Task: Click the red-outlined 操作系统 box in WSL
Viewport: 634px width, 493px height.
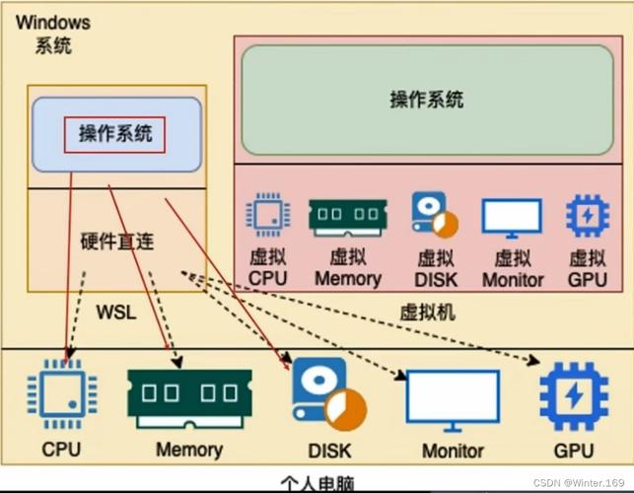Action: pyautogui.click(x=114, y=134)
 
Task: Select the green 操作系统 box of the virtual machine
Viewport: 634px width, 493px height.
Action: pyautogui.click(x=426, y=100)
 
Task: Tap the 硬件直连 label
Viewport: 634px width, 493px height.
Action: pyautogui.click(x=116, y=242)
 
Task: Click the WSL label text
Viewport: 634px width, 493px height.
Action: pyautogui.click(x=115, y=312)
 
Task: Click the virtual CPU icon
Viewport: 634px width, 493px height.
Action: pyautogui.click(x=266, y=215)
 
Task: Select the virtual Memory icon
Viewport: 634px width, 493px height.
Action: pyautogui.click(x=347, y=215)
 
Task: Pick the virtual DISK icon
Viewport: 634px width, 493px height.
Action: pyautogui.click(x=435, y=215)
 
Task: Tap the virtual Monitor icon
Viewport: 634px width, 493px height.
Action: pyautogui.click(x=512, y=217)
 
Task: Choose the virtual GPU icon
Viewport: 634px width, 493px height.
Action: pyautogui.click(x=587, y=215)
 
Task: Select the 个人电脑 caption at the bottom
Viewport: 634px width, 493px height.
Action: pyautogui.click(x=316, y=482)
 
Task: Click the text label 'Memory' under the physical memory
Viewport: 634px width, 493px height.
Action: pyautogui.click(x=188, y=450)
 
